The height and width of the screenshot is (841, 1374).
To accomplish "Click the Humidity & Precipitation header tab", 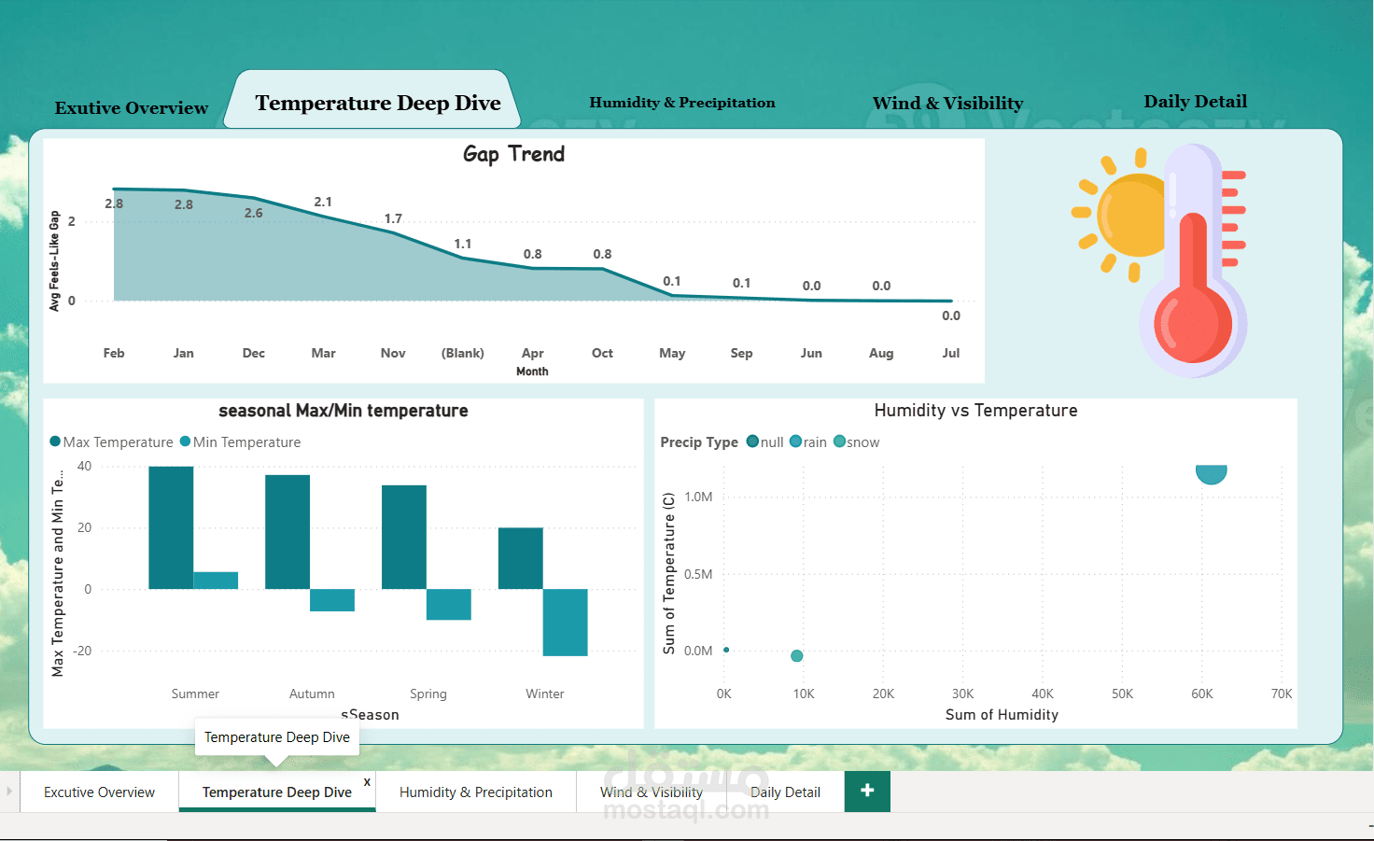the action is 682,103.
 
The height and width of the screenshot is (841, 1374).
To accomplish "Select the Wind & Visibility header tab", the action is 947,103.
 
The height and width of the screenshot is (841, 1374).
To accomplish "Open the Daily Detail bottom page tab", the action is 785,792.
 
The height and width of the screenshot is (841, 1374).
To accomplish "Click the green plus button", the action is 867,792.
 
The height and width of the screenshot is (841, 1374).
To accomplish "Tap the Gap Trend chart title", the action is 513,153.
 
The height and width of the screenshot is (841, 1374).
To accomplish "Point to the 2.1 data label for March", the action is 323,202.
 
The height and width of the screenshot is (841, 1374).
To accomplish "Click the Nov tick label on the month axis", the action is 393,354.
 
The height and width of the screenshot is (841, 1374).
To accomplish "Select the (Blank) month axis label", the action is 462,354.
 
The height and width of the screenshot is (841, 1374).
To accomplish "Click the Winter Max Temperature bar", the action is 520,558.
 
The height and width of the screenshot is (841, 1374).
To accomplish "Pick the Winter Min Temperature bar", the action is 565,622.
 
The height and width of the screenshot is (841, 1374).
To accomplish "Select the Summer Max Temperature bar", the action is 171,527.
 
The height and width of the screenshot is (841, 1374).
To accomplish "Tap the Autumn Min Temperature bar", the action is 332,600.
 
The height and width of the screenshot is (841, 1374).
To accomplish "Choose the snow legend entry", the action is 857,442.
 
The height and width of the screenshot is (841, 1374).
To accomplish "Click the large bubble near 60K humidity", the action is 1211,473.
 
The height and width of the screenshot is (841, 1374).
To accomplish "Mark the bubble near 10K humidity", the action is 797,656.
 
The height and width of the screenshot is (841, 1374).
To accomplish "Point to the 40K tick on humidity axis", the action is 1042,694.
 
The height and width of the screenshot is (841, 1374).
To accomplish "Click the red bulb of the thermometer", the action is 1192,323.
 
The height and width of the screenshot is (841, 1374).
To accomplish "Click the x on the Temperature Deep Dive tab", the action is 367,782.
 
